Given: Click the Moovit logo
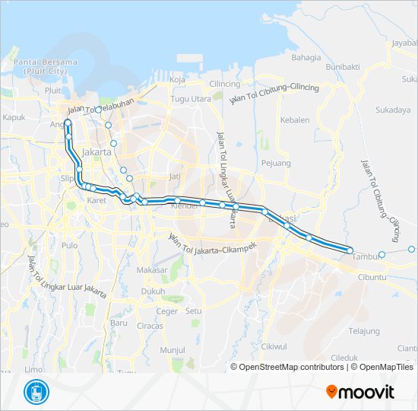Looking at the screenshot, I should pyautogui.click(x=360, y=392).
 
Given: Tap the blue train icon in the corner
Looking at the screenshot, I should pyautogui.click(x=35, y=392).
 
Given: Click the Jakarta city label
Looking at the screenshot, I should pyautogui.click(x=97, y=152).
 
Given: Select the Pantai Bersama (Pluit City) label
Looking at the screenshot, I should pyautogui.click(x=46, y=65).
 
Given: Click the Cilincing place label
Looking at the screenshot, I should pyautogui.click(x=225, y=84).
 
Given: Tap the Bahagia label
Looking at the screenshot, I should pyautogui.click(x=306, y=57).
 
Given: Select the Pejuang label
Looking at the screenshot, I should pyautogui.click(x=276, y=163).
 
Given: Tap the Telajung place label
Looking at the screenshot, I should pyautogui.click(x=364, y=331).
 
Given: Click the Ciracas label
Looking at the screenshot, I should pyautogui.click(x=150, y=326).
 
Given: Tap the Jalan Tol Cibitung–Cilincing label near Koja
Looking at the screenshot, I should pyautogui.click(x=274, y=90).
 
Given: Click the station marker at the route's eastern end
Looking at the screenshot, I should pyautogui.click(x=350, y=250).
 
